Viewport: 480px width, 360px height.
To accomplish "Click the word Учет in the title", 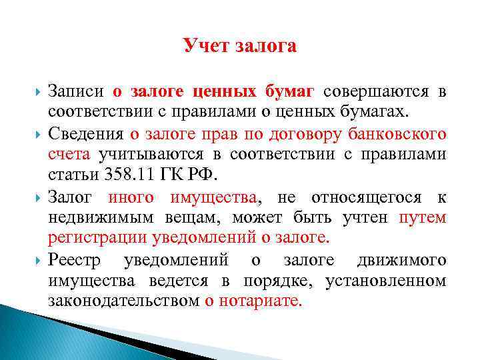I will (204, 46).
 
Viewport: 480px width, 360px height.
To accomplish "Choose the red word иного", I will (131, 198).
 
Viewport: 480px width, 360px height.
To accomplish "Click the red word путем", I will (422, 219).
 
